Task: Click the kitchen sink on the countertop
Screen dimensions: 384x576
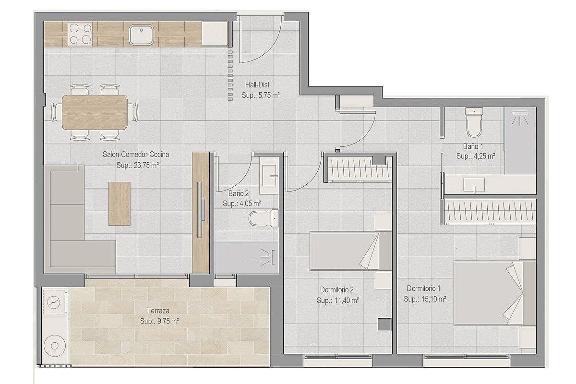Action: (x=141, y=34)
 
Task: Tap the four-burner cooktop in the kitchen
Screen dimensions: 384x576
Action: (x=81, y=34)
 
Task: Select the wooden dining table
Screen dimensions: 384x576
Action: (x=95, y=112)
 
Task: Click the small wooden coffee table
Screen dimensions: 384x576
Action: (x=120, y=203)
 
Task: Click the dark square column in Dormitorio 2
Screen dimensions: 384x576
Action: (x=384, y=324)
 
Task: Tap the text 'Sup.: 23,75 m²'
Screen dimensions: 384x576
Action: (x=137, y=165)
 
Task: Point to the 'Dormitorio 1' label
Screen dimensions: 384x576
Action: (x=423, y=288)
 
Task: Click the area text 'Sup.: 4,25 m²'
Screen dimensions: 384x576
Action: (x=475, y=156)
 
